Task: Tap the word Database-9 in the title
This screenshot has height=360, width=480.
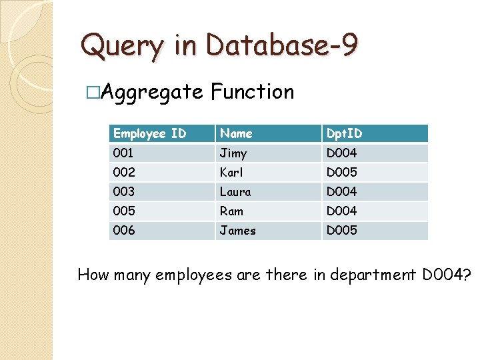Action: pos(282,45)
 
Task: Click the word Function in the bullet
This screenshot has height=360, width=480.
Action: pos(252,91)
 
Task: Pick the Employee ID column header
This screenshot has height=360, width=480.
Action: pos(149,133)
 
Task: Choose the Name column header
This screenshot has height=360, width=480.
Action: pos(236,133)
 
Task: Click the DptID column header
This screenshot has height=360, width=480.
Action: pos(344,133)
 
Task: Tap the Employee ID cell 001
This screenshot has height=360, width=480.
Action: pos(123,153)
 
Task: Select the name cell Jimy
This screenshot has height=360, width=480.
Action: pos(233,153)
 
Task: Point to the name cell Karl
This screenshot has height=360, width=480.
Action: pos(233,172)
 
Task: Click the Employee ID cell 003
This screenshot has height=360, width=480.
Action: pos(123,191)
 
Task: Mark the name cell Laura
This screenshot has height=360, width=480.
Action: pos(235,191)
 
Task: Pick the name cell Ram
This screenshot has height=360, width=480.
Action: pos(231,211)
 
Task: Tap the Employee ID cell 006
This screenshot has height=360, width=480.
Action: pos(123,230)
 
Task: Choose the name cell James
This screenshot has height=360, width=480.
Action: pos(238,230)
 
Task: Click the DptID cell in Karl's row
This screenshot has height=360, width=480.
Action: pos(341,172)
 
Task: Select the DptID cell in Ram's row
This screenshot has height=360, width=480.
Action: pos(341,211)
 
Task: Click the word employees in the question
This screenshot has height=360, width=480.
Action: pos(193,275)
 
